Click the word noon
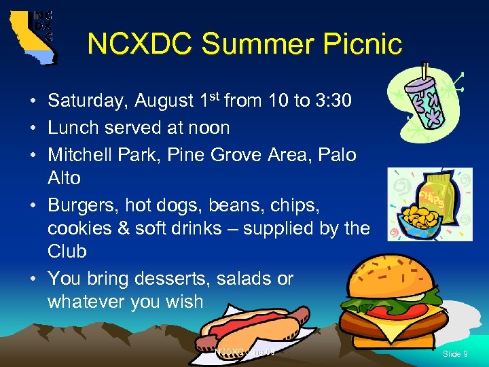pos(210,128)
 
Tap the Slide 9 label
pos(455,354)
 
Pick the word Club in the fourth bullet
pos(67,251)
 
